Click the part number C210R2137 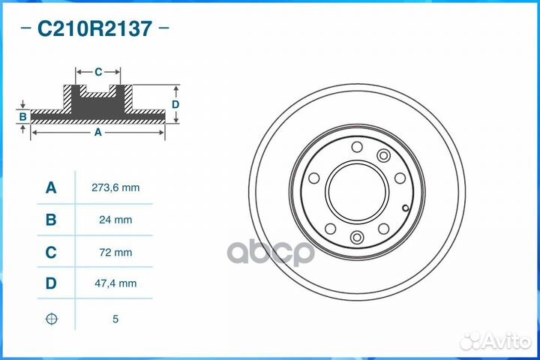click(94, 29)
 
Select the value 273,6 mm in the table click(115, 187)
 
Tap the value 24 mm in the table click(115, 220)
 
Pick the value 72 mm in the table click(115, 253)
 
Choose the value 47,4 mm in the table click(115, 283)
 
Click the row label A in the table click(51, 187)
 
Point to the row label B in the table click(51, 220)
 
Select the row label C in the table click(51, 253)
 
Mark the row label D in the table click(51, 283)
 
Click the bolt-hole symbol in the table click(51, 319)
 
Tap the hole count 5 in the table click(115, 319)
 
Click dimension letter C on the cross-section click(98, 72)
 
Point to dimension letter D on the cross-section click(175, 104)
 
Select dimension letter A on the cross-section click(97, 132)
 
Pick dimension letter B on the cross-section click(23, 116)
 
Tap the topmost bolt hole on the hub click(357, 146)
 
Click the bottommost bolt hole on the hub click(357, 238)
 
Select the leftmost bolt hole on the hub click(314, 178)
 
